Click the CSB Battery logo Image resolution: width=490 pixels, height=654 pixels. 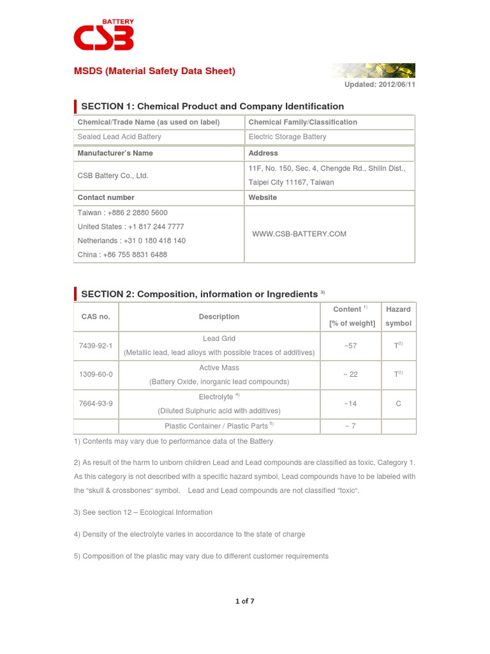pyautogui.click(x=103, y=36)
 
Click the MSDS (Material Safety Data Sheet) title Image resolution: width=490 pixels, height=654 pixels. pyautogui.click(x=155, y=71)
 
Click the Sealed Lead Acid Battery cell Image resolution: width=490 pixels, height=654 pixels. pyautogui.click(x=119, y=137)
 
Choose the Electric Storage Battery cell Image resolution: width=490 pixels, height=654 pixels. pyautogui.click(x=287, y=137)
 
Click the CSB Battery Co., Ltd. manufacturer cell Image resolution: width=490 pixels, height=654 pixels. pyautogui.click(x=113, y=176)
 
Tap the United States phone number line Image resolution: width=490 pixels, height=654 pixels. pyautogui.click(x=131, y=227)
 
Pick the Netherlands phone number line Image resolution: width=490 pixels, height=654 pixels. pyautogui.click(x=131, y=241)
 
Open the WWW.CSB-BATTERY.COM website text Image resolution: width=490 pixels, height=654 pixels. pyautogui.click(x=299, y=234)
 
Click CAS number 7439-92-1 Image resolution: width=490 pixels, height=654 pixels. pyautogui.click(x=96, y=346)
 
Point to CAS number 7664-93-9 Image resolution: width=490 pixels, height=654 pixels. pyautogui.click(x=96, y=404)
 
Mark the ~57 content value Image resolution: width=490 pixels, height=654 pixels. pyautogui.click(x=350, y=346)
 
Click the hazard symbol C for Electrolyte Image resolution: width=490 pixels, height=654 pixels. pyautogui.click(x=398, y=404)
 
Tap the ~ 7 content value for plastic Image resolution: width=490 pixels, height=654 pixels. pyautogui.click(x=350, y=426)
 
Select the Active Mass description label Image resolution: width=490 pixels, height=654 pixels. pyautogui.click(x=219, y=368)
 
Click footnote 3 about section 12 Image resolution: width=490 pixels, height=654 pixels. pyautogui.click(x=144, y=512)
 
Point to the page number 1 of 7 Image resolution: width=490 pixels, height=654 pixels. pyautogui.click(x=245, y=601)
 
